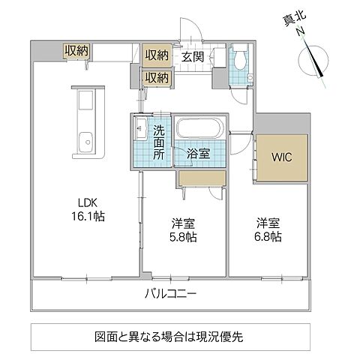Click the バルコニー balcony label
[x=170, y=294]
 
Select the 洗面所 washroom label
[x=159, y=142]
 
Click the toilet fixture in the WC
[x=239, y=58]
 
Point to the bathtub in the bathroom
[x=198, y=128]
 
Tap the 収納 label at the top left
[x=76, y=50]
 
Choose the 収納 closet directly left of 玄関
[x=157, y=55]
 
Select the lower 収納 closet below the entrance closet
[x=157, y=77]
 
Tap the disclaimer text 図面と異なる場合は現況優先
[x=179, y=336]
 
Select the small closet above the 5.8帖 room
[x=200, y=177]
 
